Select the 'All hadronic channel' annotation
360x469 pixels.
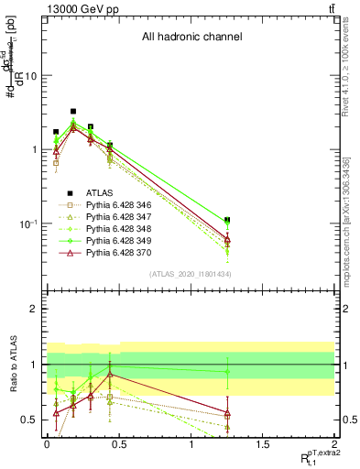coord(191,38)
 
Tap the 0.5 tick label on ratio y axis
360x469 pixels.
coord(28,420)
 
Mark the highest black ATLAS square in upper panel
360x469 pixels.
coord(73,111)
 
